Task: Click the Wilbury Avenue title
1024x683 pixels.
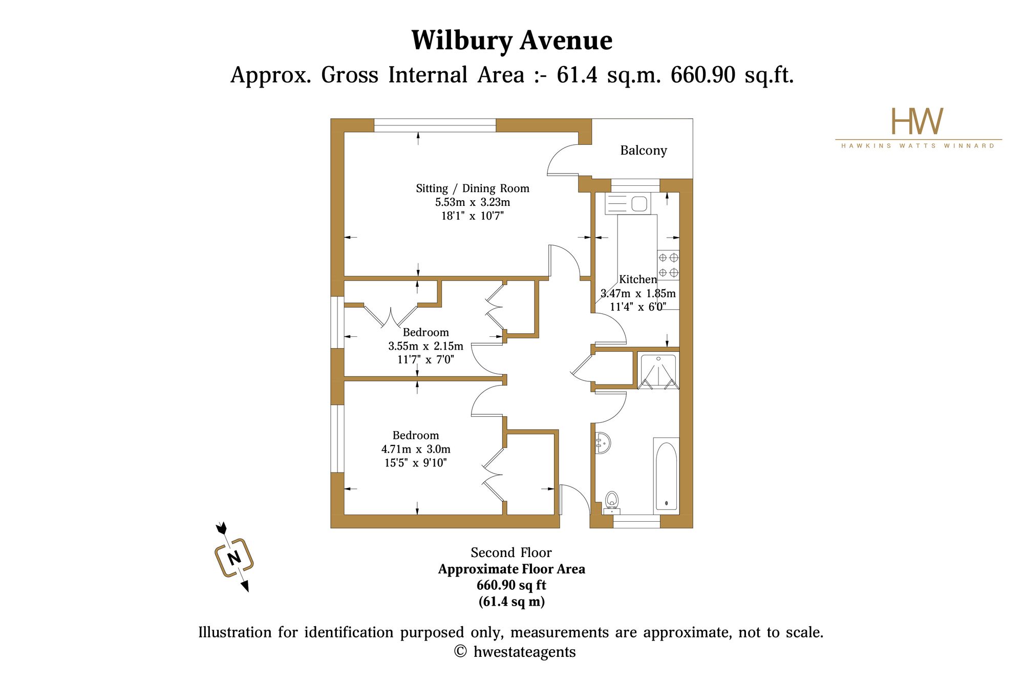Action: click(511, 41)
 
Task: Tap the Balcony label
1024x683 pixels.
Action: click(644, 151)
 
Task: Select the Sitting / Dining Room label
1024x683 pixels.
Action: click(473, 188)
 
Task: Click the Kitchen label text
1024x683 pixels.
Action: click(638, 280)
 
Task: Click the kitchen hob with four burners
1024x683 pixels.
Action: click(668, 265)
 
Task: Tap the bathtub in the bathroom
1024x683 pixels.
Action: click(666, 476)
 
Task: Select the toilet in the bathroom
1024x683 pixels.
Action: click(612, 502)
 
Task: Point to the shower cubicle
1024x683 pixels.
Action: click(658, 370)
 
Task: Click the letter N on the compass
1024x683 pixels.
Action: click(234, 558)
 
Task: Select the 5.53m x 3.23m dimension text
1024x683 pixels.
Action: click(473, 202)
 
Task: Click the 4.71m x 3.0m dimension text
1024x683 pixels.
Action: click(416, 450)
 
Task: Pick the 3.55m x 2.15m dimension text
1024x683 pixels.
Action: click(425, 346)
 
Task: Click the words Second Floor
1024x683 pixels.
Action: click(511, 553)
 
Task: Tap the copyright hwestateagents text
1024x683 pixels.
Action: click(515, 652)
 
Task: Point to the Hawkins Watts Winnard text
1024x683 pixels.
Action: click(918, 146)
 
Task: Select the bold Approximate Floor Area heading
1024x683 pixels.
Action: click(511, 569)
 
